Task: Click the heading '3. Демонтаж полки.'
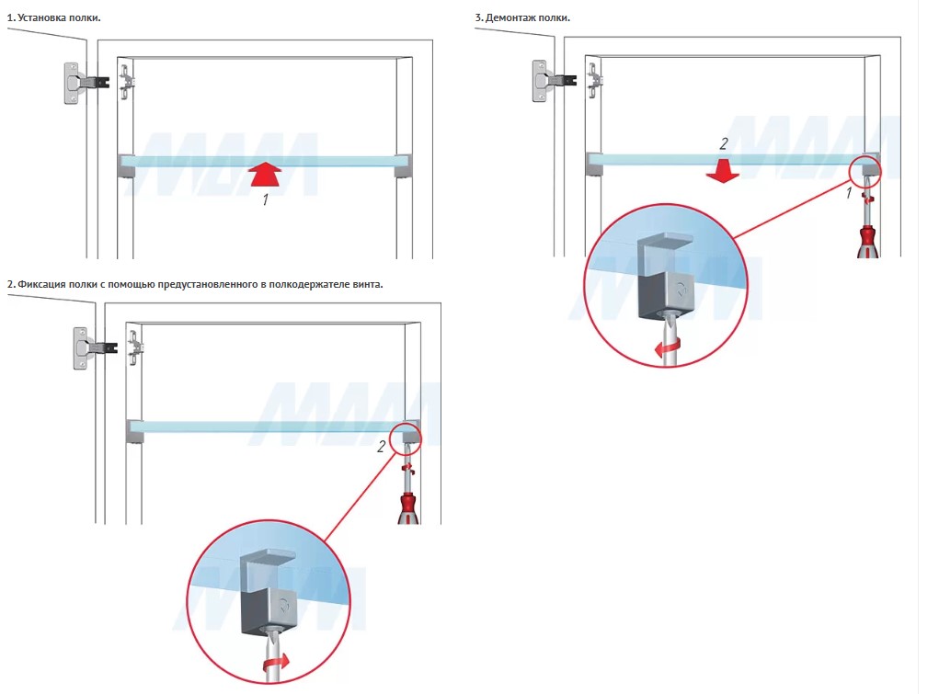pyautogui.click(x=522, y=18)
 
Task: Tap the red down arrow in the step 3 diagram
pyautogui.click(x=725, y=170)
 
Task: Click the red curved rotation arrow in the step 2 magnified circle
pyautogui.click(x=273, y=663)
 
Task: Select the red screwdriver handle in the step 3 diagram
pyautogui.click(x=865, y=239)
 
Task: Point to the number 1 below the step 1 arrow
pyautogui.click(x=265, y=199)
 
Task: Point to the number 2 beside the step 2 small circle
pyautogui.click(x=381, y=448)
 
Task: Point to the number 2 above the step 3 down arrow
pyautogui.click(x=724, y=144)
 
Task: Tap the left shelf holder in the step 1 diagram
pyautogui.click(x=126, y=166)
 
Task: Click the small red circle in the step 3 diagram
pyautogui.click(x=865, y=170)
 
